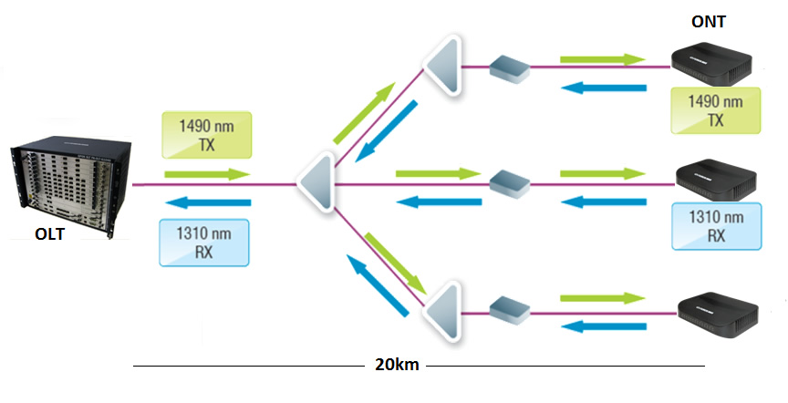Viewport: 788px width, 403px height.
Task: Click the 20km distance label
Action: (397, 366)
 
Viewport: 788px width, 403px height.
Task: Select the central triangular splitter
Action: (316, 183)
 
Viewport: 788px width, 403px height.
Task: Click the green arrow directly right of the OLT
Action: (206, 174)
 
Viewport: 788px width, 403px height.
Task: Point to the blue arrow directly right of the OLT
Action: (206, 201)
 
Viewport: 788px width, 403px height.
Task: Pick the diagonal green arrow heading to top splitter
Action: (364, 112)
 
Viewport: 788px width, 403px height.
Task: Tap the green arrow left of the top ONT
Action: (601, 59)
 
